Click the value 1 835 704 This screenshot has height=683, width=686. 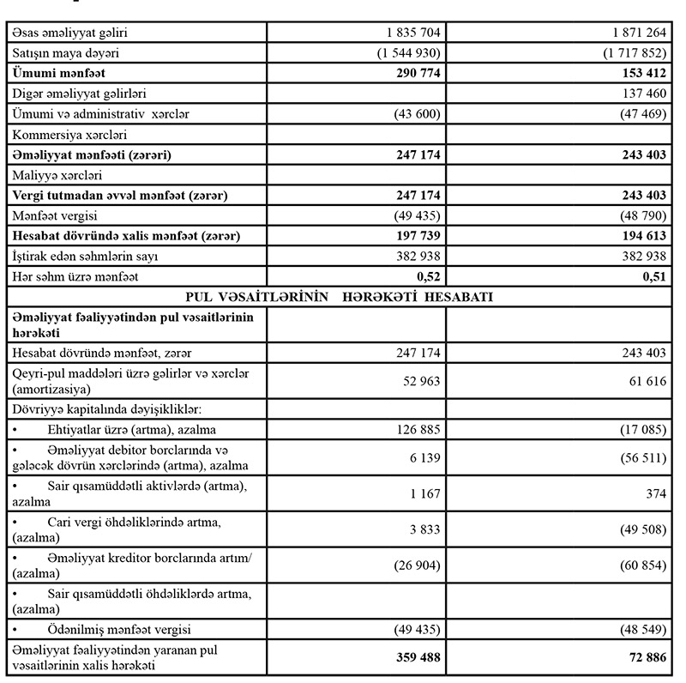coord(411,33)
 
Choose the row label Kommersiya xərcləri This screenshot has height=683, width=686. coord(59,135)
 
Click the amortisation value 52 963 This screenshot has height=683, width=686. coord(419,383)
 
